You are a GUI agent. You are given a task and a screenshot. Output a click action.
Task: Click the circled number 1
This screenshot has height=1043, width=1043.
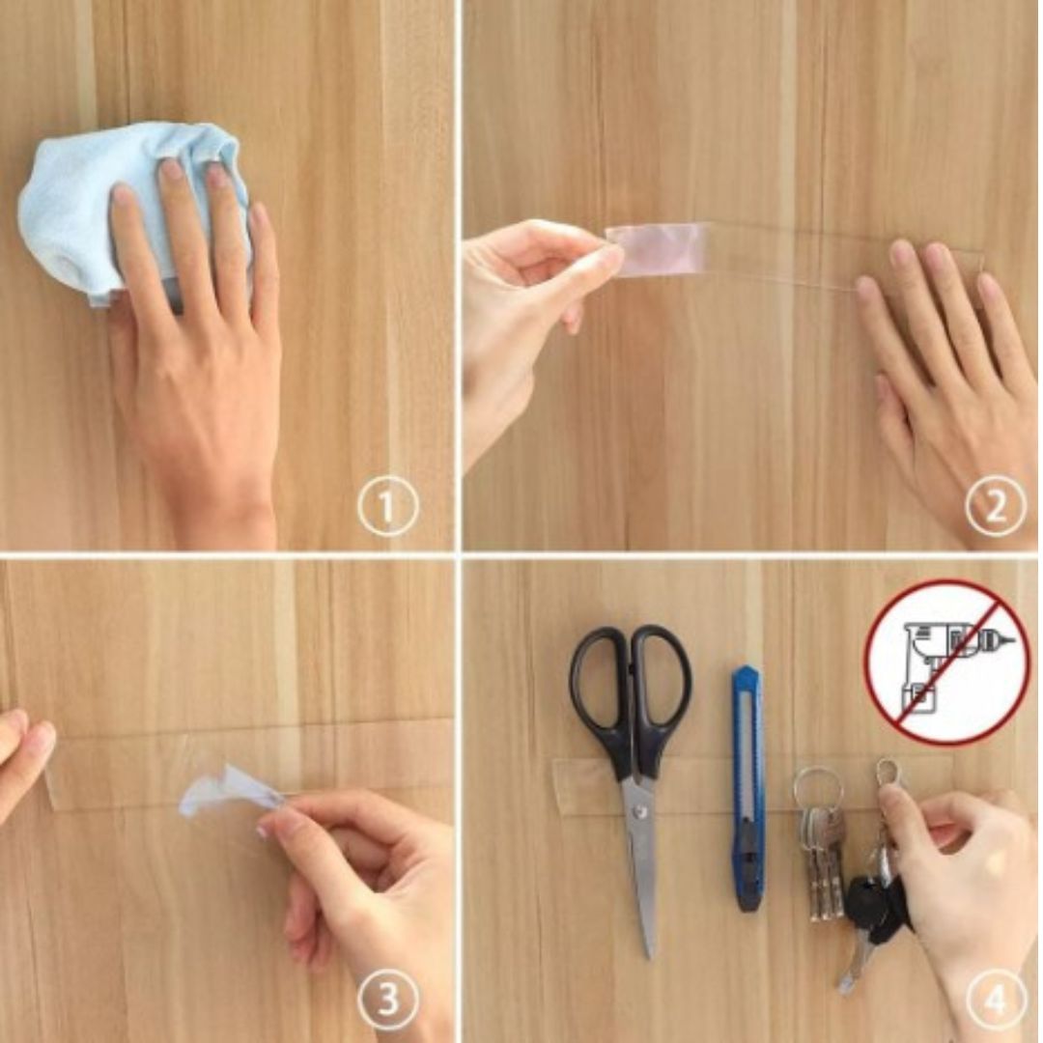[388, 507]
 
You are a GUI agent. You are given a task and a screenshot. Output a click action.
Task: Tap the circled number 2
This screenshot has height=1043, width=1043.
[995, 507]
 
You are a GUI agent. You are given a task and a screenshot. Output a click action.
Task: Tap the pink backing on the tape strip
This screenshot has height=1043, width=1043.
[659, 247]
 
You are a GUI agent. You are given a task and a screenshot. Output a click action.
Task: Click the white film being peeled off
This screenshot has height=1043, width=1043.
[226, 792]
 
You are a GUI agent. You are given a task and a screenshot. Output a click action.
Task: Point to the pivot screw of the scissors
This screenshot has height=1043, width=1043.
[640, 811]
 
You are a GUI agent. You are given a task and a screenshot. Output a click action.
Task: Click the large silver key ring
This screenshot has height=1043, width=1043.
[817, 793]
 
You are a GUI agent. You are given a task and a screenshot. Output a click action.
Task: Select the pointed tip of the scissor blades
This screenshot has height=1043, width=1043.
[651, 956]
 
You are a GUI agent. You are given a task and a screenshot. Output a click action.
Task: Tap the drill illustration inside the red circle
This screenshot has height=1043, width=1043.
[947, 662]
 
